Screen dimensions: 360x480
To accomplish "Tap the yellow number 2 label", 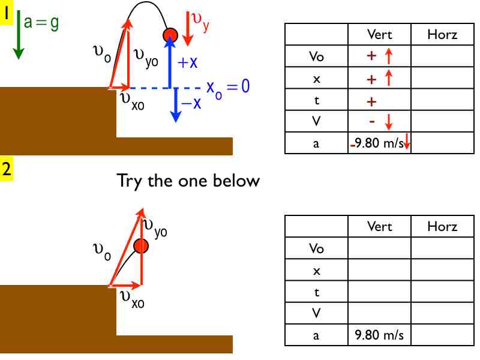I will (x=7, y=169).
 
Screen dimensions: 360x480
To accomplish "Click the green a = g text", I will (x=41, y=23).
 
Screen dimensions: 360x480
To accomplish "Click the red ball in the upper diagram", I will (x=170, y=35).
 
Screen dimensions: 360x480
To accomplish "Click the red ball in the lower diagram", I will (x=141, y=245).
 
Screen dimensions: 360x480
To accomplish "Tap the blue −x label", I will (x=191, y=103).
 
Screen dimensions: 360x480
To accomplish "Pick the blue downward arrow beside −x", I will (x=175, y=105).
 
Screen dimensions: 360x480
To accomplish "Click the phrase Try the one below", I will (x=188, y=180).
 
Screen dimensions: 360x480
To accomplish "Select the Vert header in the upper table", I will (x=379, y=35).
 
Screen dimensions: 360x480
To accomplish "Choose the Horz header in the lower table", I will (x=442, y=226).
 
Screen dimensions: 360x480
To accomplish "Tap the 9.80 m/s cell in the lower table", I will (x=379, y=335).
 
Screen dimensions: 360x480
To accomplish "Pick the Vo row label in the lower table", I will (x=316, y=248).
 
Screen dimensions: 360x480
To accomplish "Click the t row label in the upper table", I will (x=316, y=100).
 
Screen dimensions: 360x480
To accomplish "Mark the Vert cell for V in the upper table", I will (x=379, y=122).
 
